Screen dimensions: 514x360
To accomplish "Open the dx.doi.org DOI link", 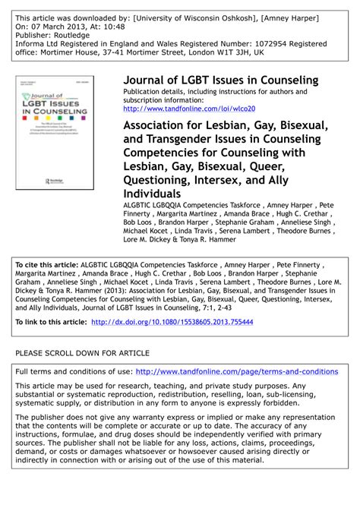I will click(172, 322).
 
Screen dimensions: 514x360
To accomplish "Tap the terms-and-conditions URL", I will click(236, 371).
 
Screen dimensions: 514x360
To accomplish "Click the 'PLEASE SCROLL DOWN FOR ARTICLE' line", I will click(82, 353).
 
